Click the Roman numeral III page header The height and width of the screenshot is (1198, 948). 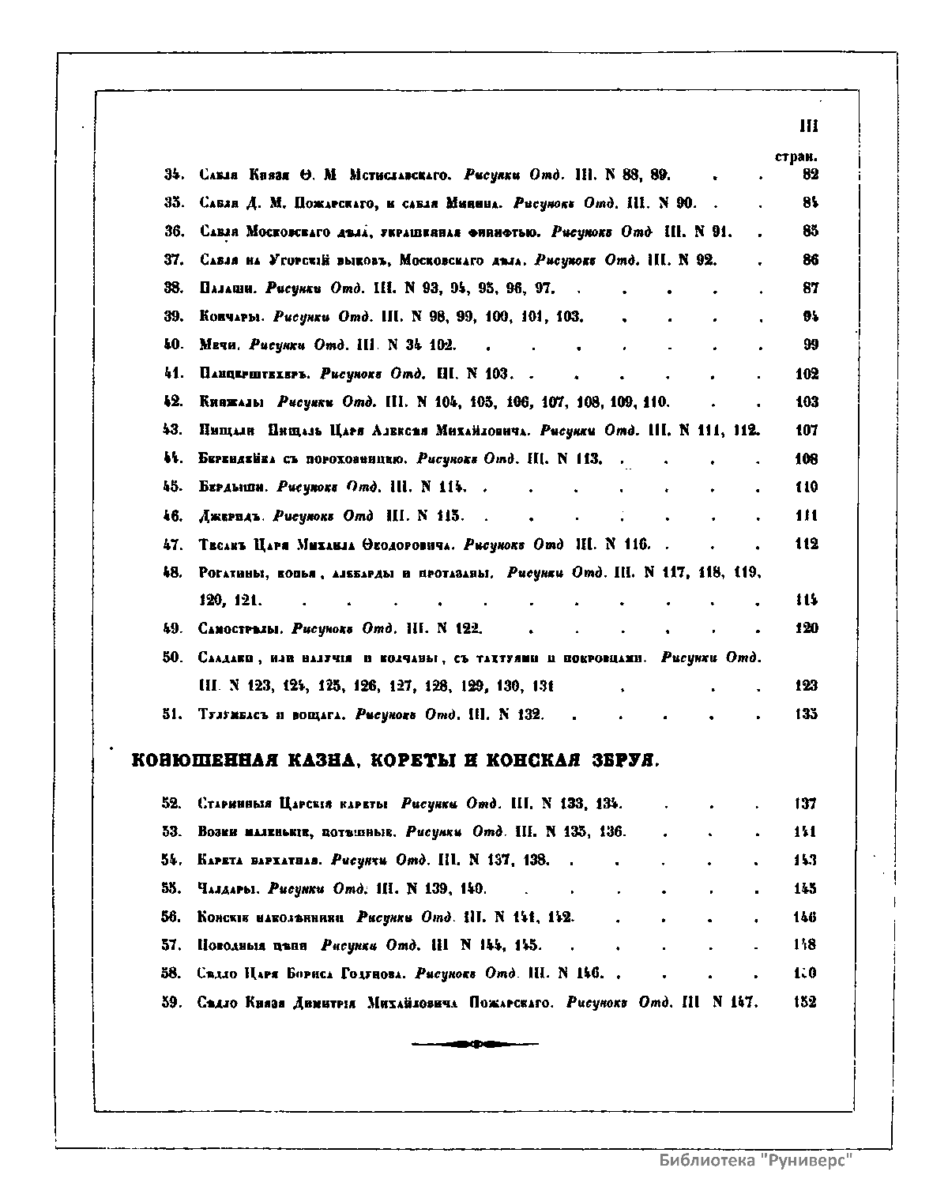click(807, 126)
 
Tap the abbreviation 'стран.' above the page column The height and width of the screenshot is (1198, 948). click(796, 158)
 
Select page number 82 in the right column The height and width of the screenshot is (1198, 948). click(810, 175)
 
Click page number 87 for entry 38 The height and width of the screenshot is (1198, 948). click(810, 288)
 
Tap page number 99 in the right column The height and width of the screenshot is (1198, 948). click(810, 345)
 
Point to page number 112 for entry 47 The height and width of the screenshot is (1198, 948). click(807, 544)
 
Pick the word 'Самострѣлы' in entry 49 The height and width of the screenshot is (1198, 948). click(240, 629)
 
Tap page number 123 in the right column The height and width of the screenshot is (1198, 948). click(807, 686)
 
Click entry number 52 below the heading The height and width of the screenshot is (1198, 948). click(172, 804)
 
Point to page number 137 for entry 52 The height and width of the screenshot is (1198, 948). click(805, 804)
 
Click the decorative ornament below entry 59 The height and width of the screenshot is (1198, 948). click(474, 1045)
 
